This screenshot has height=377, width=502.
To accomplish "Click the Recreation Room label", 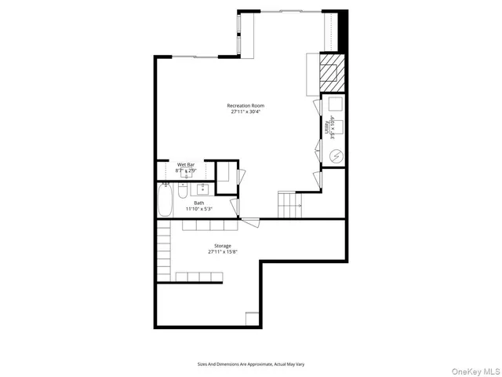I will [x=246, y=105].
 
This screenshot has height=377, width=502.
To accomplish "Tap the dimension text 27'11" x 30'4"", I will [x=246, y=112].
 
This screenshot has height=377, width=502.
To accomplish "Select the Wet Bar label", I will [x=185, y=165].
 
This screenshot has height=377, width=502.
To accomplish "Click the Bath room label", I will [x=199, y=203].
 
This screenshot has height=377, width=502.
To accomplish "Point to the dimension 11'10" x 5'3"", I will [x=199, y=210].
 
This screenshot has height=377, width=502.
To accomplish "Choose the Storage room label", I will [x=223, y=246].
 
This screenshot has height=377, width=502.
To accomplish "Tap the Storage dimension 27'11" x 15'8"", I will [x=223, y=252].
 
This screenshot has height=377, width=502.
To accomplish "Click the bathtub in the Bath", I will [x=166, y=202].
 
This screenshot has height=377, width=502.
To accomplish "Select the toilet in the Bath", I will [x=182, y=191].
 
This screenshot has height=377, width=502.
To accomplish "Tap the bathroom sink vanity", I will [x=202, y=188].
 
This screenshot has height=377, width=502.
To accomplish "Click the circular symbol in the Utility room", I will [x=336, y=156].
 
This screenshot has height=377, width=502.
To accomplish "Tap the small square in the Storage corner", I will [x=253, y=318].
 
